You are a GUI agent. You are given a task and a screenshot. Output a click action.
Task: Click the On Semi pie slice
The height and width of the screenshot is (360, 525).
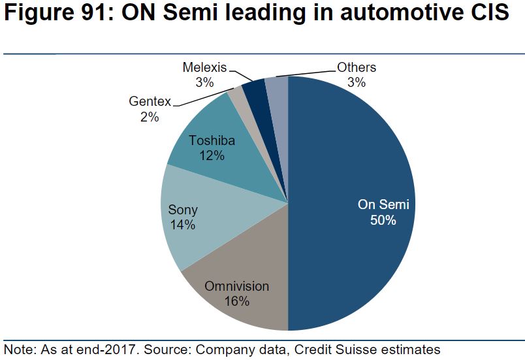click(353, 170)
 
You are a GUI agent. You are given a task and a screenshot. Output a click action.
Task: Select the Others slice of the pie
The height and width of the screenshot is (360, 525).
click(276, 87)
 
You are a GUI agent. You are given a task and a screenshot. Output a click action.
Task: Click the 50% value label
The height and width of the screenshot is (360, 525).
click(383, 220)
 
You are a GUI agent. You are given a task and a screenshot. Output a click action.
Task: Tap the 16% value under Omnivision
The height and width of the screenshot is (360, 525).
click(236, 301)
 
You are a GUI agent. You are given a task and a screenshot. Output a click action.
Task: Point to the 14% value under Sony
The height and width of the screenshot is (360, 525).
click(183, 225)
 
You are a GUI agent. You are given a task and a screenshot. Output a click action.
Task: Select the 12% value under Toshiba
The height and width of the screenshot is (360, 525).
click(212, 156)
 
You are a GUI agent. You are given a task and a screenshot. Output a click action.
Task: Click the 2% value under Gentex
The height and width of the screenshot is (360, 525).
click(149, 117)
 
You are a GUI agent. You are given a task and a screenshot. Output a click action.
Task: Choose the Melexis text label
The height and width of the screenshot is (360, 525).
click(204, 67)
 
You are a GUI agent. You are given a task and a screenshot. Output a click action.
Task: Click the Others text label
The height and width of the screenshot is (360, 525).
click(357, 67)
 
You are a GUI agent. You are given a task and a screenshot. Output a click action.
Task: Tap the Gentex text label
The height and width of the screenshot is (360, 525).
click(150, 102)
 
